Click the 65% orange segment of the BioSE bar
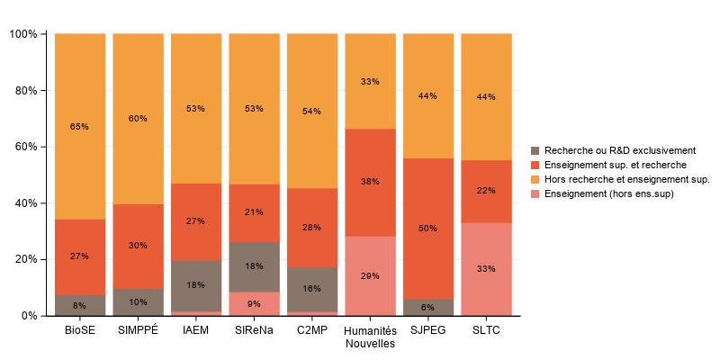pos(80,126)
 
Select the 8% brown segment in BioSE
pos(80,305)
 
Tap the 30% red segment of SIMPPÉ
pos(138,246)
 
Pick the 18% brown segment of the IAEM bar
pos(195,285)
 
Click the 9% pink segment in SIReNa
pos(254,303)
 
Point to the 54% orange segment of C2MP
pos(311,111)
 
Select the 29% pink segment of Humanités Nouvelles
pos(370,275)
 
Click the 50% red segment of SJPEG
pos(427,229)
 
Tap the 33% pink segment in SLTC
pos(486,269)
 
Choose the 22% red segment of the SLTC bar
pos(486,191)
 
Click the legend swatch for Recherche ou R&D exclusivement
pos(537,150)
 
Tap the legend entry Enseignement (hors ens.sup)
pos(609,193)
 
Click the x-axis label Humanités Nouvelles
pos(370,337)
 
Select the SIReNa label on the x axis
pos(254,330)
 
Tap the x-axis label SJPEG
pos(427,330)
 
